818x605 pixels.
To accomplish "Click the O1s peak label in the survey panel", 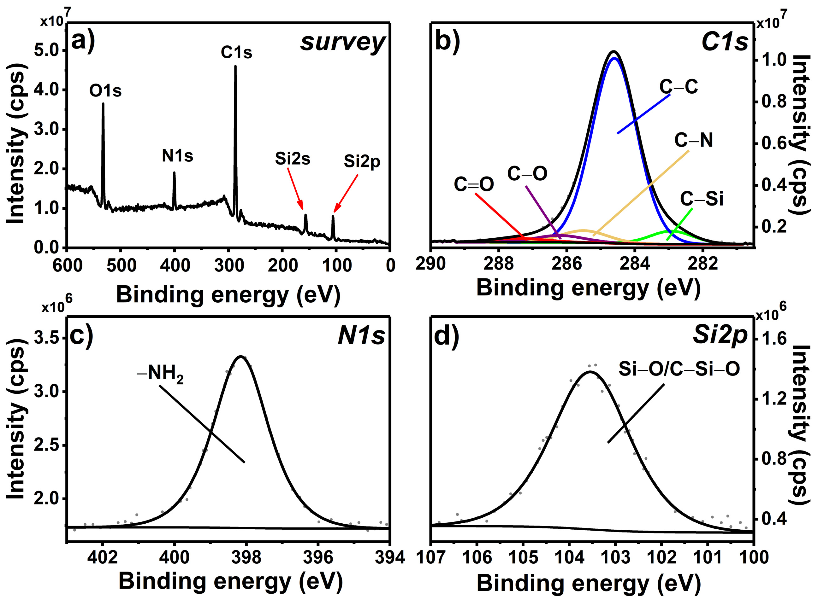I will pyautogui.click(x=105, y=90).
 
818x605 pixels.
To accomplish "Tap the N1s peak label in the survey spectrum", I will pyautogui.click(x=177, y=156).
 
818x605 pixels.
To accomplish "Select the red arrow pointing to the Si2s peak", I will pyautogui.click(x=295, y=189).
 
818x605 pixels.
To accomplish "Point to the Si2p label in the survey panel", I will pyautogui.click(x=362, y=161).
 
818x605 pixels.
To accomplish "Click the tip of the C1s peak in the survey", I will pyautogui.click(x=235, y=67).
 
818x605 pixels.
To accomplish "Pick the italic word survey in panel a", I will pyautogui.click(x=343, y=43).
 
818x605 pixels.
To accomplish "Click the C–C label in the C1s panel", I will pyautogui.click(x=679, y=87).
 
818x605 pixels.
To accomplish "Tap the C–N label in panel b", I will pyautogui.click(x=693, y=140).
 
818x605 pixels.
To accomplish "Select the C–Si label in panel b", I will pyautogui.click(x=702, y=199).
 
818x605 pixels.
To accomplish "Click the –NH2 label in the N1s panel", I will pyautogui.click(x=161, y=375).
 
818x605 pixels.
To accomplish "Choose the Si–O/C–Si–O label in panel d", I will pyautogui.click(x=679, y=369).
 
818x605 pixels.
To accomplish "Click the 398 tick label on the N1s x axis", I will pyautogui.click(x=246, y=558).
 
